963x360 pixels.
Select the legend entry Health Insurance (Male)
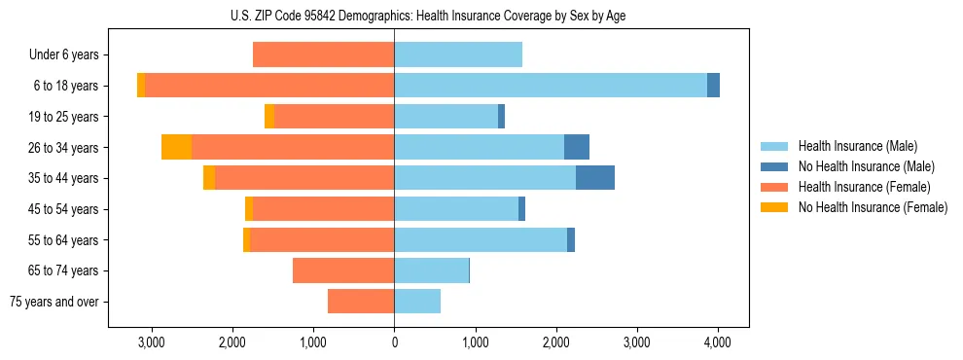tap(857, 146)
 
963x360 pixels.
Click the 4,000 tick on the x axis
tap(718, 342)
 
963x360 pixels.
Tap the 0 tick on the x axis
tap(394, 342)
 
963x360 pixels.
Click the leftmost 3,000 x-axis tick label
tap(152, 342)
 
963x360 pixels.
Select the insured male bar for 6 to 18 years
tap(550, 86)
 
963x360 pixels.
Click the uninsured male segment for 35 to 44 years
tap(595, 178)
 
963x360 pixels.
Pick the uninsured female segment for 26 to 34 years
tap(176, 147)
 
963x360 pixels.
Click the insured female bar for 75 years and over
tap(361, 302)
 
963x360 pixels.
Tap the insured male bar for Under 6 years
tap(458, 55)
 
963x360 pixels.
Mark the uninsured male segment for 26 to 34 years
tap(577, 147)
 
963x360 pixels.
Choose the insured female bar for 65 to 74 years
tap(343, 270)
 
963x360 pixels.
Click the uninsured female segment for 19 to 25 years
tap(269, 117)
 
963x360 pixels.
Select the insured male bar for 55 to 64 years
tap(481, 239)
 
